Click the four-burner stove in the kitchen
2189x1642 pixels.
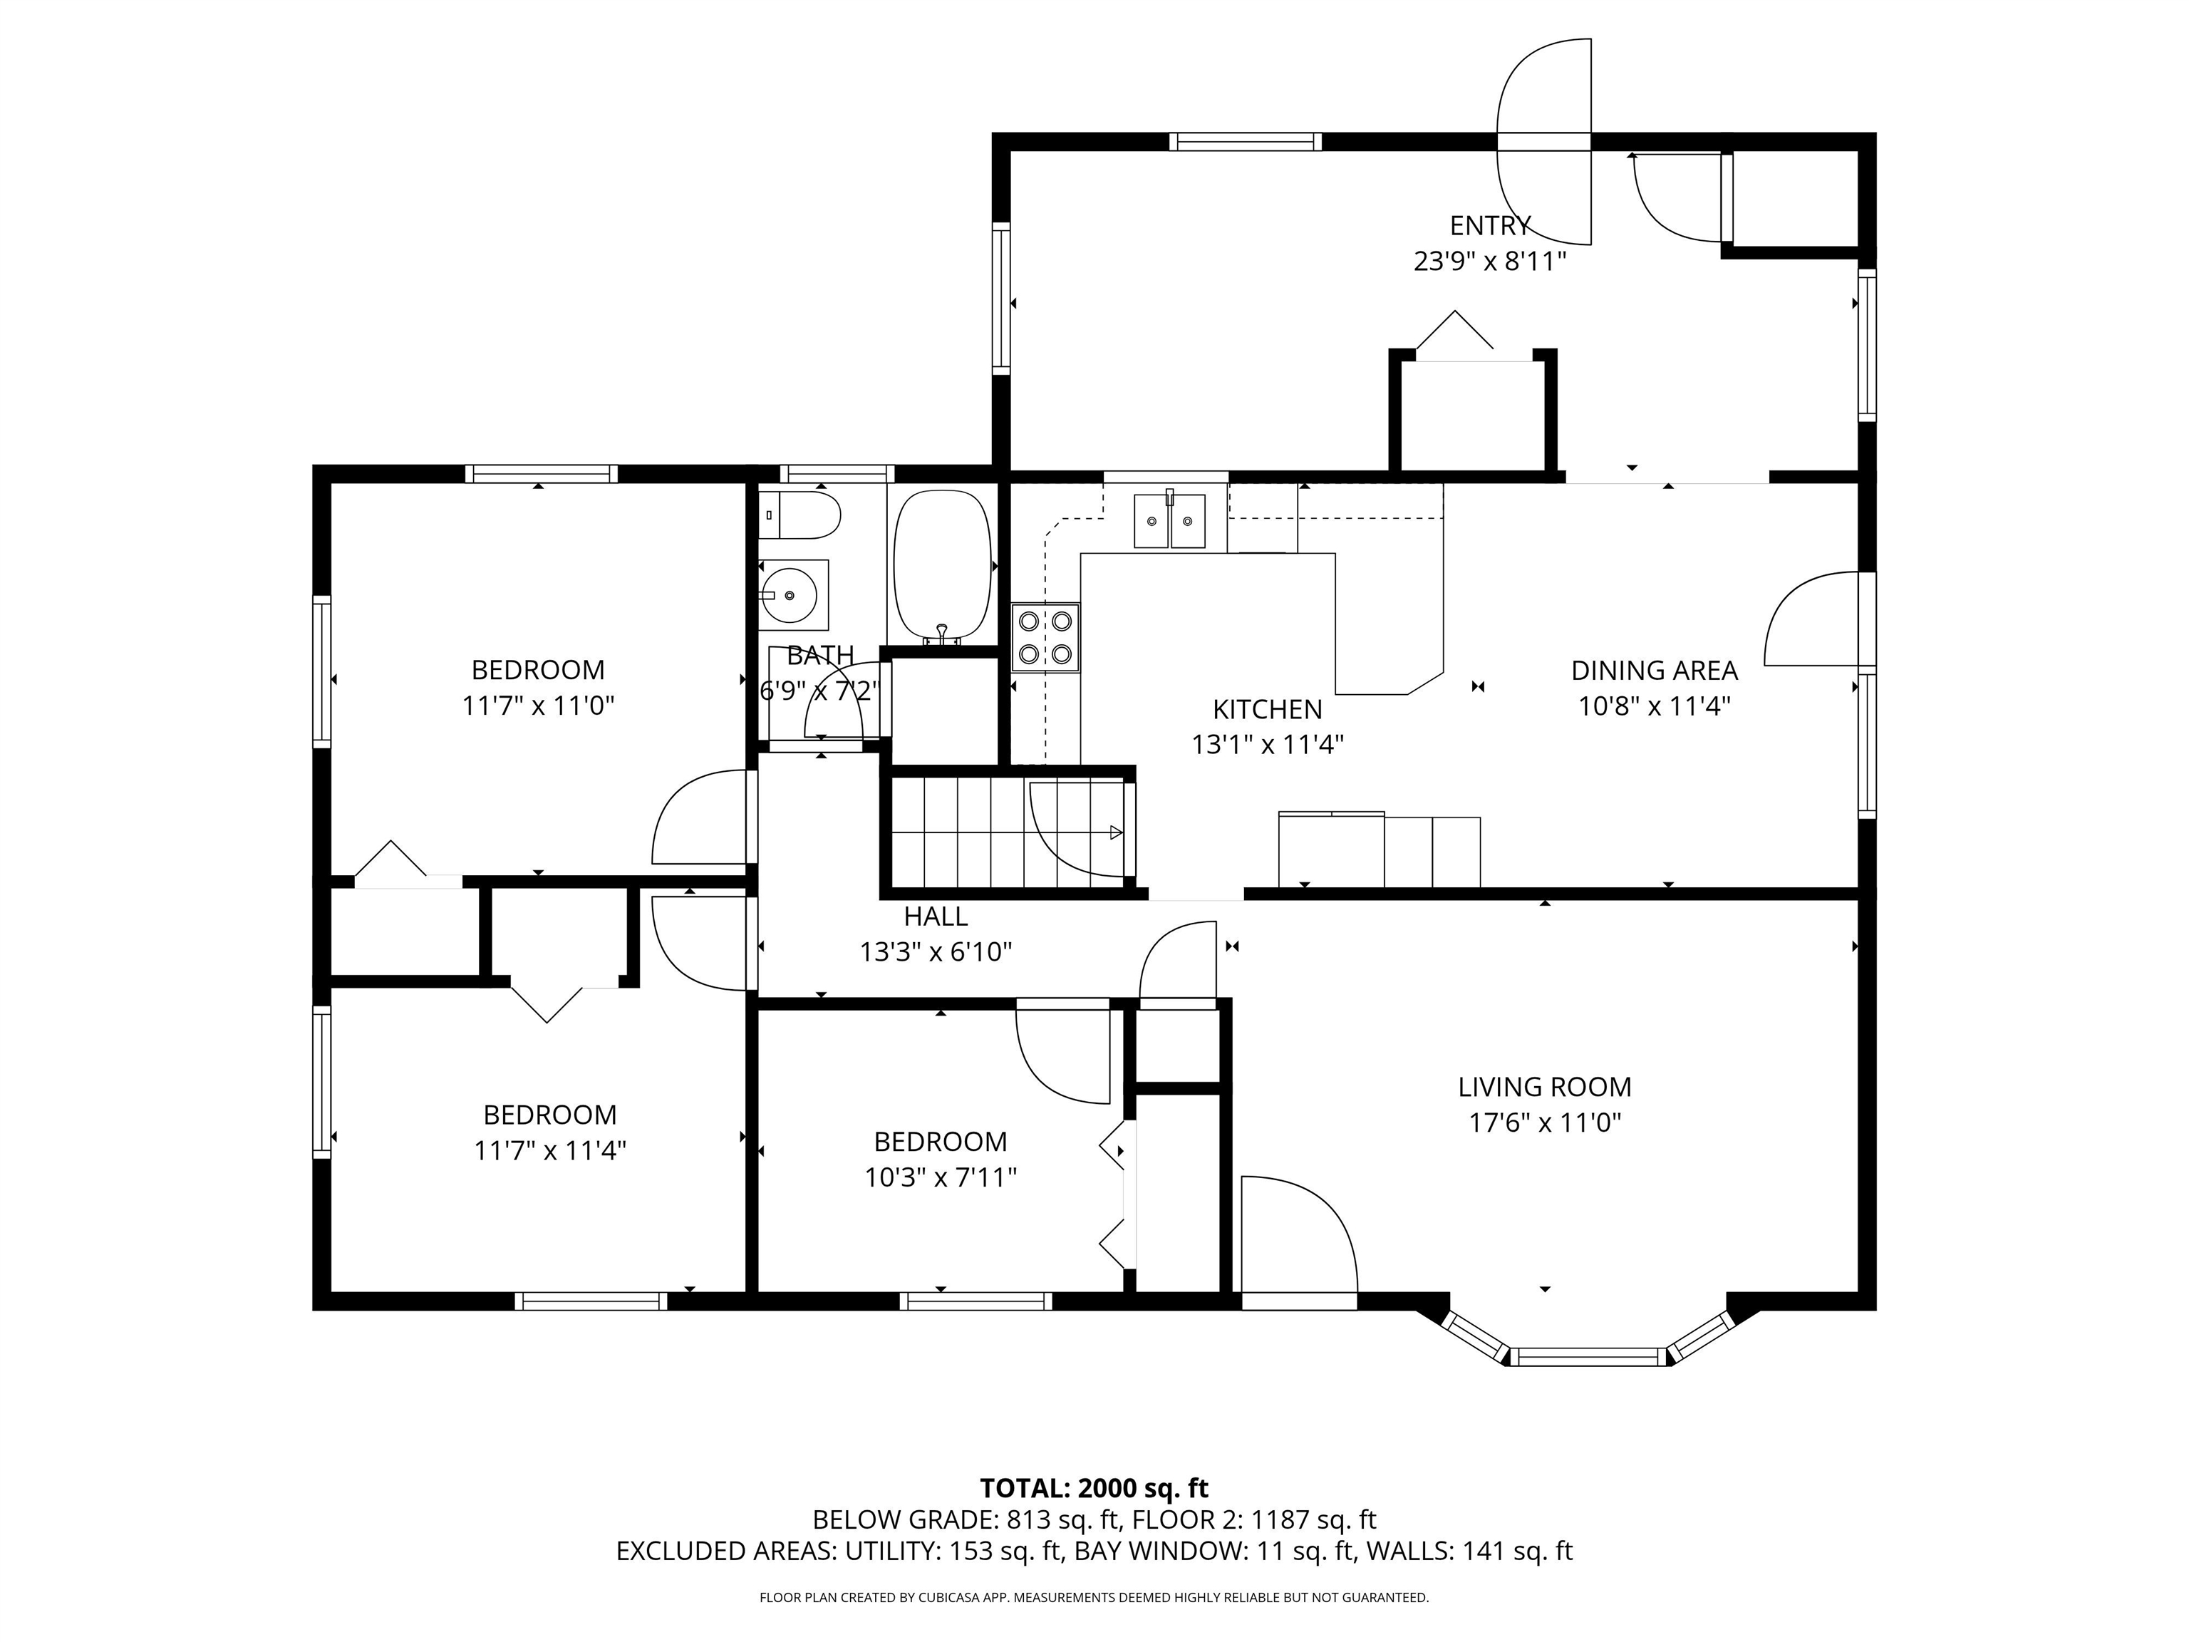point(1045,637)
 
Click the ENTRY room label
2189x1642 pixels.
point(1491,226)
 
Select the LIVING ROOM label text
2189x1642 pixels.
point(1544,1087)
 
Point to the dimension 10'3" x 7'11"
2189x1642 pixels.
point(941,1177)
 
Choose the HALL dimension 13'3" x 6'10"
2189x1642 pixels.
point(936,951)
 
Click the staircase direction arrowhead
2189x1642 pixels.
point(1117,832)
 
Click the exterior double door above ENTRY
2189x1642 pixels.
point(1544,142)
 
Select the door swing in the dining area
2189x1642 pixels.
point(1811,619)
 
